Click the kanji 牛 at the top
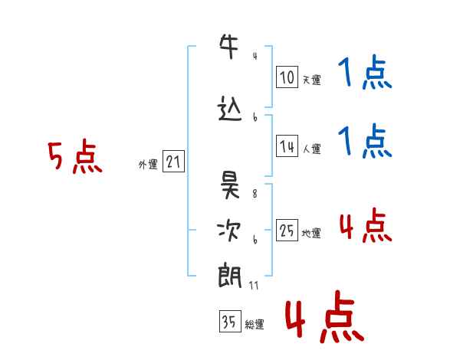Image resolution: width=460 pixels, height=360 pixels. point(229,46)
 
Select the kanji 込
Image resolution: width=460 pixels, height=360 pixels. point(230,109)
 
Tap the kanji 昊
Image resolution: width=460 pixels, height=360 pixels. point(230,185)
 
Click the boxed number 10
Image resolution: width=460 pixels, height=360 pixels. point(287,77)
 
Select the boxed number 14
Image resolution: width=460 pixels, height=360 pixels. point(287,146)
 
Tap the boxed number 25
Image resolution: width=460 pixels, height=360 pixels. point(287,230)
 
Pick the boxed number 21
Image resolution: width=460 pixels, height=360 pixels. point(173,162)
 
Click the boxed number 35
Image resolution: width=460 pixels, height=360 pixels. point(230,321)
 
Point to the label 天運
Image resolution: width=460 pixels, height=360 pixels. point(312,80)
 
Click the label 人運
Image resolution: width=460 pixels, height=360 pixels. point(312,149)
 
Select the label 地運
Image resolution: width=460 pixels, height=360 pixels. point(311,234)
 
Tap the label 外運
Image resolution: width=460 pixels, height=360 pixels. point(148,165)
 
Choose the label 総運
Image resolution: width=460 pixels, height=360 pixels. point(255,325)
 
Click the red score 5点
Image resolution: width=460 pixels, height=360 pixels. point(75,156)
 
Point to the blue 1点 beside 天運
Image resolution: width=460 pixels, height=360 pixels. point(365,72)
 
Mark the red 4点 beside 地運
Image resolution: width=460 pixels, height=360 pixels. point(366,226)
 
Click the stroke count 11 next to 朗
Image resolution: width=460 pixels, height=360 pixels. point(254,286)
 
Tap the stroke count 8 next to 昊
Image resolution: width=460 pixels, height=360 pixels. point(255,194)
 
